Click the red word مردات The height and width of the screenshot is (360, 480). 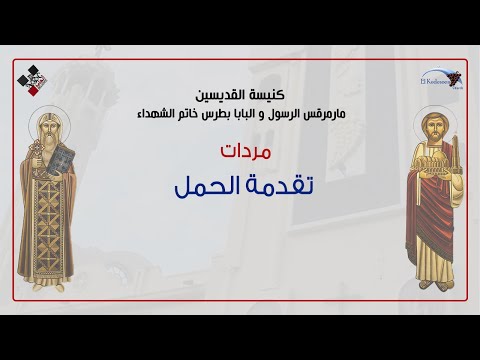pos(239,152)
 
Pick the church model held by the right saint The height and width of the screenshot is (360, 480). pos(424,170)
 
